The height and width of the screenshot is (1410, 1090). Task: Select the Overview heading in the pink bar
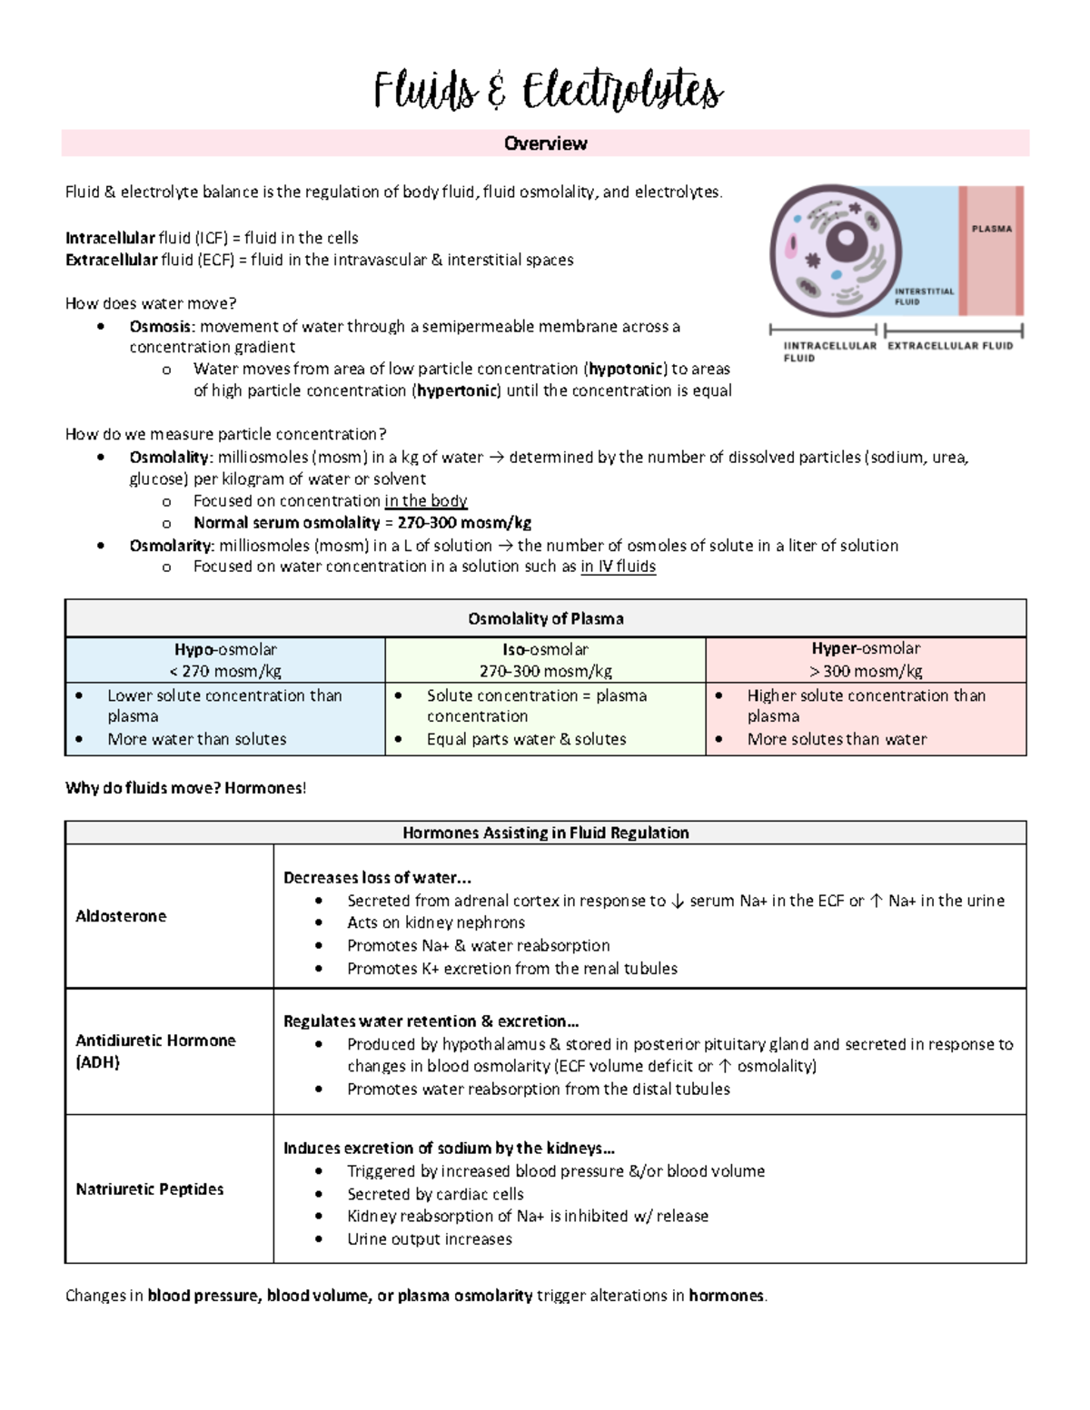(x=545, y=143)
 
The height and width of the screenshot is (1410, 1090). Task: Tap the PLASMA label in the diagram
(x=991, y=229)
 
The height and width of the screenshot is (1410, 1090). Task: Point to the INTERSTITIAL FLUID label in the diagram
(x=923, y=296)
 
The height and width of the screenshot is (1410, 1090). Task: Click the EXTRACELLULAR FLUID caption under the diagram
(x=949, y=345)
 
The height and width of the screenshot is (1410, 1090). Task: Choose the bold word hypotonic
(x=626, y=369)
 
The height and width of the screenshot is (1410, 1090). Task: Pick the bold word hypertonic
(x=457, y=390)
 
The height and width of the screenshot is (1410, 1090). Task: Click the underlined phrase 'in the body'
(x=425, y=500)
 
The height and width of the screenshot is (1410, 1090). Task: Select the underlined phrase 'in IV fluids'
(x=618, y=567)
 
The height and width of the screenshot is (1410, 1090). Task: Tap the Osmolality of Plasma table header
(x=545, y=618)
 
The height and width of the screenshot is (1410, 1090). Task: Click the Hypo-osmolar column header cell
(x=225, y=660)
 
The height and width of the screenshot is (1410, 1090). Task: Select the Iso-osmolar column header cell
(x=545, y=660)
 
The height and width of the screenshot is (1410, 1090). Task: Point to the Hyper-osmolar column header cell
(x=866, y=660)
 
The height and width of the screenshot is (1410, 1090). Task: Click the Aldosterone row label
(x=121, y=916)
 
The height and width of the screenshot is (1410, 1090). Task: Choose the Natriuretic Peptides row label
(x=149, y=1188)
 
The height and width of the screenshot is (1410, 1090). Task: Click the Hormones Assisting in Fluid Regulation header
(x=545, y=833)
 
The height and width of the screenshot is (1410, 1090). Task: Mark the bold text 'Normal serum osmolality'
(x=286, y=523)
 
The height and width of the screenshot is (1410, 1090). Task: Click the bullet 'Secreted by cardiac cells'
(x=435, y=1194)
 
